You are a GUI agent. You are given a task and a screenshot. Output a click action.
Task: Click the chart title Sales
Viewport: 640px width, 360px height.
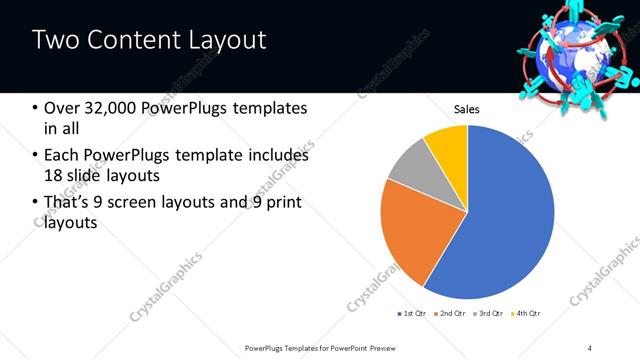(x=468, y=109)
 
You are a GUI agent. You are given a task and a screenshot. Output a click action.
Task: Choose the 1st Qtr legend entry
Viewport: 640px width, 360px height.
(x=413, y=314)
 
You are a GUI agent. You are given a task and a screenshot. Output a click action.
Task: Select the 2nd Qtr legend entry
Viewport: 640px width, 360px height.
(x=451, y=314)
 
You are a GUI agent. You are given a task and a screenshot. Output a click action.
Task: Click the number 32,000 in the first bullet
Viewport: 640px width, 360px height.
(x=110, y=108)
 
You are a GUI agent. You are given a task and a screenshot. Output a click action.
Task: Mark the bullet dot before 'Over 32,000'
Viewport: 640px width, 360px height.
(x=36, y=108)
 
